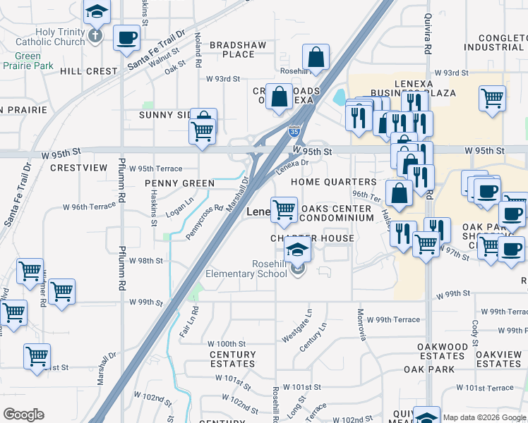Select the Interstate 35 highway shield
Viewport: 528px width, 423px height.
tap(294, 130)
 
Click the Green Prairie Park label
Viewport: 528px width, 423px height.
tap(28, 61)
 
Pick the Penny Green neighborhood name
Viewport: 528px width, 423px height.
tap(179, 183)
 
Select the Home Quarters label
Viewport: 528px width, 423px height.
tap(334, 182)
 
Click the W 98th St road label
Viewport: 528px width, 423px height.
tap(146, 261)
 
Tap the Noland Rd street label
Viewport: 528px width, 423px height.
tap(198, 44)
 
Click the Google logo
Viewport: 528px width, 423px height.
tap(24, 415)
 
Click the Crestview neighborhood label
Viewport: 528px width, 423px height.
tap(78, 168)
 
